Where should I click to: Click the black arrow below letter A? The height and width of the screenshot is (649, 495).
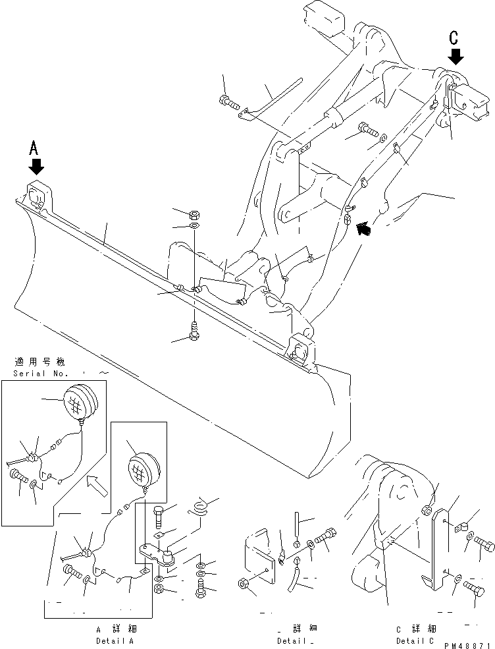36,165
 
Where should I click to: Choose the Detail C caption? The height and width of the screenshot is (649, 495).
415,640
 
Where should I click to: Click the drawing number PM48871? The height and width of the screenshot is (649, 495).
465,646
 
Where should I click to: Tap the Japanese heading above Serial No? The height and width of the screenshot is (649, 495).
39,362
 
